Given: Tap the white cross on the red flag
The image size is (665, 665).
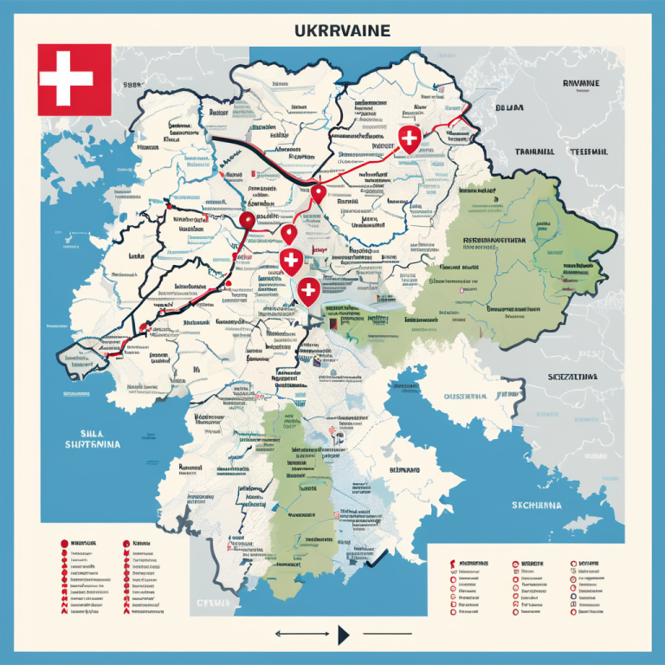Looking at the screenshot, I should [x=67, y=79].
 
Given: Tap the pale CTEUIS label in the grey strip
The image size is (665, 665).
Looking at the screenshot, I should [x=211, y=601].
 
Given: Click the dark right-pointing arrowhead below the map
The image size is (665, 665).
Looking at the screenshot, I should [x=344, y=635].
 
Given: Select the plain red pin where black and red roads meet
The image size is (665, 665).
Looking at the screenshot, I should [x=318, y=194].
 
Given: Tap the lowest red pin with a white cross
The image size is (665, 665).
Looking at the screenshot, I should [x=307, y=291].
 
